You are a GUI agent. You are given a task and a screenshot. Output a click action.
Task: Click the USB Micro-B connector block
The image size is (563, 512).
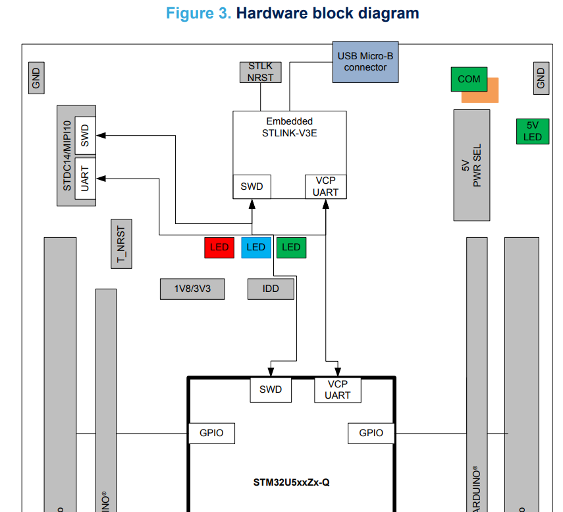365,62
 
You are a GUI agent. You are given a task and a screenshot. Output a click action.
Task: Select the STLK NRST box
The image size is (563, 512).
260,72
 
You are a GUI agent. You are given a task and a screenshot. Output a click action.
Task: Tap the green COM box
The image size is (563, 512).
469,79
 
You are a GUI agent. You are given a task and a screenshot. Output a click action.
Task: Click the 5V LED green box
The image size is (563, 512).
533,131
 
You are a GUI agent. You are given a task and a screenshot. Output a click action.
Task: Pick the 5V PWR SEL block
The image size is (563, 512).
471,165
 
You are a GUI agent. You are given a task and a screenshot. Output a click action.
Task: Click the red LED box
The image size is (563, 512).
219,248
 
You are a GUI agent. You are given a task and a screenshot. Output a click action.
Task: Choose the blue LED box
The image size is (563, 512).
255,248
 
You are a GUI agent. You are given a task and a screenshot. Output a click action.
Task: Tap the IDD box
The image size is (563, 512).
271,289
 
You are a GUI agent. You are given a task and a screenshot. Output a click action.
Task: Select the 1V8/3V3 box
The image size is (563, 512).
192,289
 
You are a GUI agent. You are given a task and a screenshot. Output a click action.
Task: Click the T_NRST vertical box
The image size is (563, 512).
121,244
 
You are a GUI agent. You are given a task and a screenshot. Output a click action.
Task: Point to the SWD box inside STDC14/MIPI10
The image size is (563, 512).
85,136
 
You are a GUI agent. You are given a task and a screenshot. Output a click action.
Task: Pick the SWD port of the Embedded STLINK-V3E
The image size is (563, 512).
252,186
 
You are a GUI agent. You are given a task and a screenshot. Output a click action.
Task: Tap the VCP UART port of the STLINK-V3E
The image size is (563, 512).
325,186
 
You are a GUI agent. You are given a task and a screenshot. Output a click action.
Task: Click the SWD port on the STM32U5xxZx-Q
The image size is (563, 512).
270,389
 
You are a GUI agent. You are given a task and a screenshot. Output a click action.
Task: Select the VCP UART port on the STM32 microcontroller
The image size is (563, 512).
338,389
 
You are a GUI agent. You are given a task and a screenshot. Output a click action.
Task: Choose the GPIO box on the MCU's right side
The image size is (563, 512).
371,433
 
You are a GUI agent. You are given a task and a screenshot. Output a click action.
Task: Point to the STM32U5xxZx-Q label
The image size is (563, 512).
291,482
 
